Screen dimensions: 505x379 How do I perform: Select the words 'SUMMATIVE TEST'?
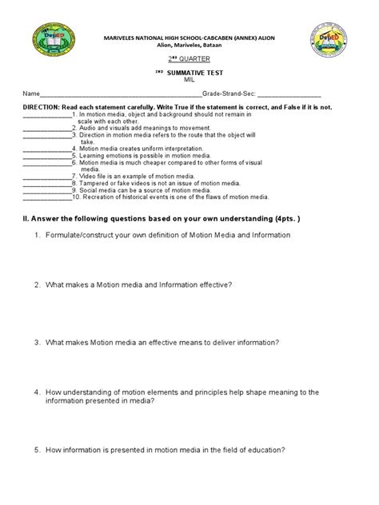point(194,73)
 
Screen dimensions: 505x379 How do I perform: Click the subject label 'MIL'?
point(189,80)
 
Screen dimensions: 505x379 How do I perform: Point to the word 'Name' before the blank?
point(30,93)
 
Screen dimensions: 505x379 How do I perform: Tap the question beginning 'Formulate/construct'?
point(169,235)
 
